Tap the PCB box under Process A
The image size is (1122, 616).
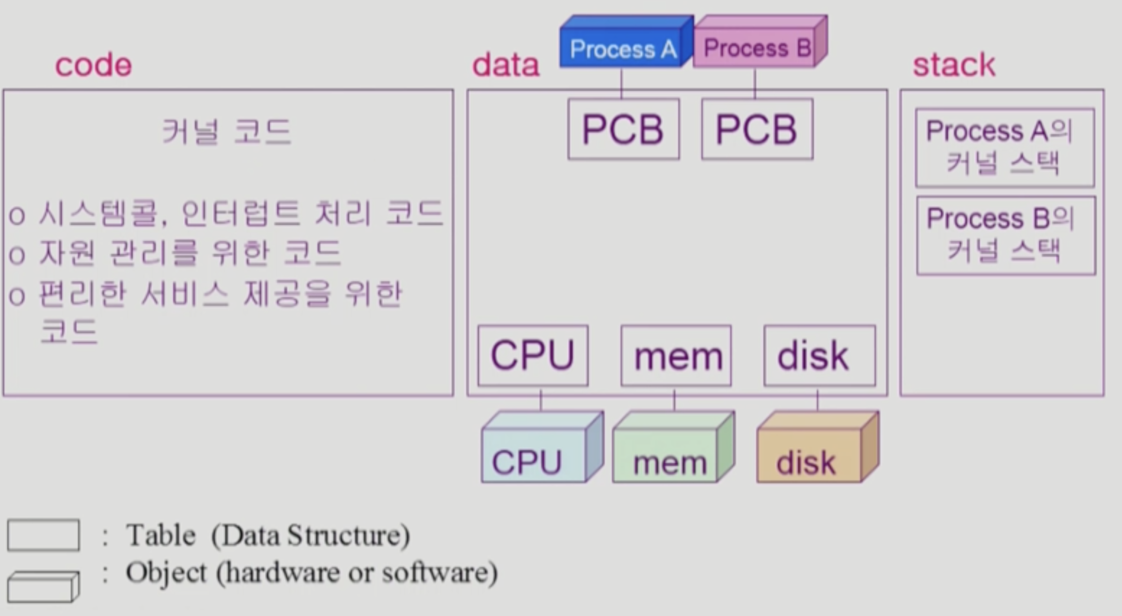(x=623, y=129)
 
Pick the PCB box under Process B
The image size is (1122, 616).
(x=757, y=129)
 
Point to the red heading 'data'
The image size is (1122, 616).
(x=506, y=65)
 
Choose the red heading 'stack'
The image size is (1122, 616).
(x=954, y=65)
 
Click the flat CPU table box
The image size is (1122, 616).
(x=533, y=356)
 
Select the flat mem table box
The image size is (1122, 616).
(x=676, y=356)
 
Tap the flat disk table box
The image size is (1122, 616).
(x=819, y=356)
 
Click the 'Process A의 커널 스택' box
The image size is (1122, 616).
(x=1005, y=148)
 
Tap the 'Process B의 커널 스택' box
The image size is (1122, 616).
(x=1006, y=236)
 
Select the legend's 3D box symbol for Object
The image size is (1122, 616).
(x=43, y=587)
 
